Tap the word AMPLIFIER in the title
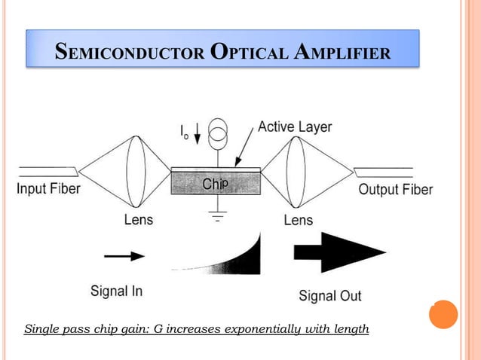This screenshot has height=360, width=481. pyautogui.click(x=344, y=53)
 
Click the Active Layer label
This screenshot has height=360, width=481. pyautogui.click(x=295, y=127)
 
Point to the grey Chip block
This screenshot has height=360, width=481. pyautogui.click(x=216, y=184)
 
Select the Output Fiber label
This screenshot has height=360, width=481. pyautogui.click(x=395, y=188)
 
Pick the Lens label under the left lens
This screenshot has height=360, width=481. pyautogui.click(x=138, y=220)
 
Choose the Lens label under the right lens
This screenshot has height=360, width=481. pyautogui.click(x=299, y=220)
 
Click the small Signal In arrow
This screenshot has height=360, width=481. pyautogui.click(x=124, y=256)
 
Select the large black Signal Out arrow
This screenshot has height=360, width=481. pyautogui.click(x=339, y=252)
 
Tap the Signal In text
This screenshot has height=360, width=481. pyautogui.click(x=116, y=290)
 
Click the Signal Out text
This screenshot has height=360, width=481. pyautogui.click(x=330, y=295)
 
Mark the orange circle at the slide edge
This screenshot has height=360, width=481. pyautogui.click(x=443, y=314)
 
